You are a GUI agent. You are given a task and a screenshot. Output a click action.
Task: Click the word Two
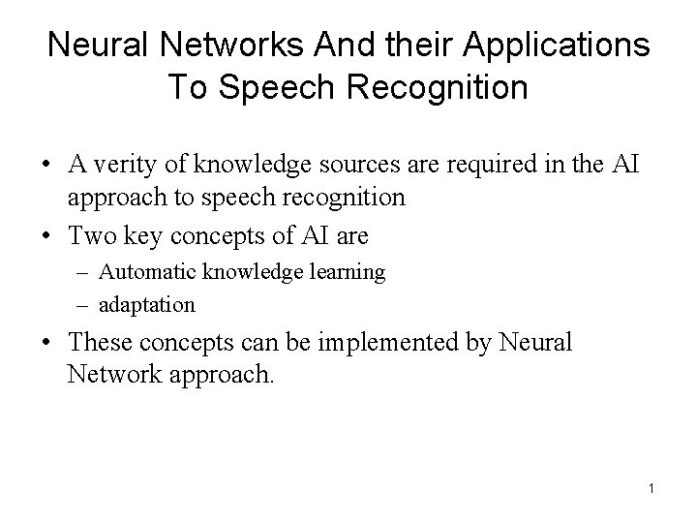(92, 235)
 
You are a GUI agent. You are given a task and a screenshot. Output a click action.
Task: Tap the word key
(145, 235)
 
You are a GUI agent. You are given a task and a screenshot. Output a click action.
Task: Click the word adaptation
(147, 304)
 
